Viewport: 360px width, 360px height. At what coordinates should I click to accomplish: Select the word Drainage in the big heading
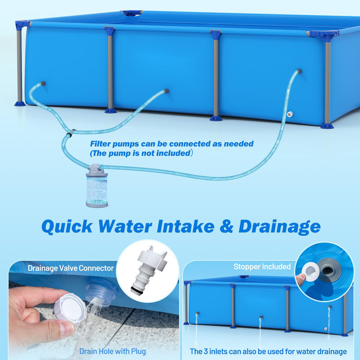pyautogui.click(x=279, y=226)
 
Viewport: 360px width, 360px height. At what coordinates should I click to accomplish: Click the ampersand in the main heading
pyautogui.click(x=222, y=226)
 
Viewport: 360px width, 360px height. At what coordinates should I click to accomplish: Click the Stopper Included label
pyautogui.click(x=262, y=267)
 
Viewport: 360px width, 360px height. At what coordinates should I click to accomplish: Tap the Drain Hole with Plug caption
pyautogui.click(x=112, y=351)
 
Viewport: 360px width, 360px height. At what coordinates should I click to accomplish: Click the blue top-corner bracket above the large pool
pyautogui.click(x=132, y=13)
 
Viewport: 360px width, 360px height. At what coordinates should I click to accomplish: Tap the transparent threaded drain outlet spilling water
pyautogui.click(x=101, y=292)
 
